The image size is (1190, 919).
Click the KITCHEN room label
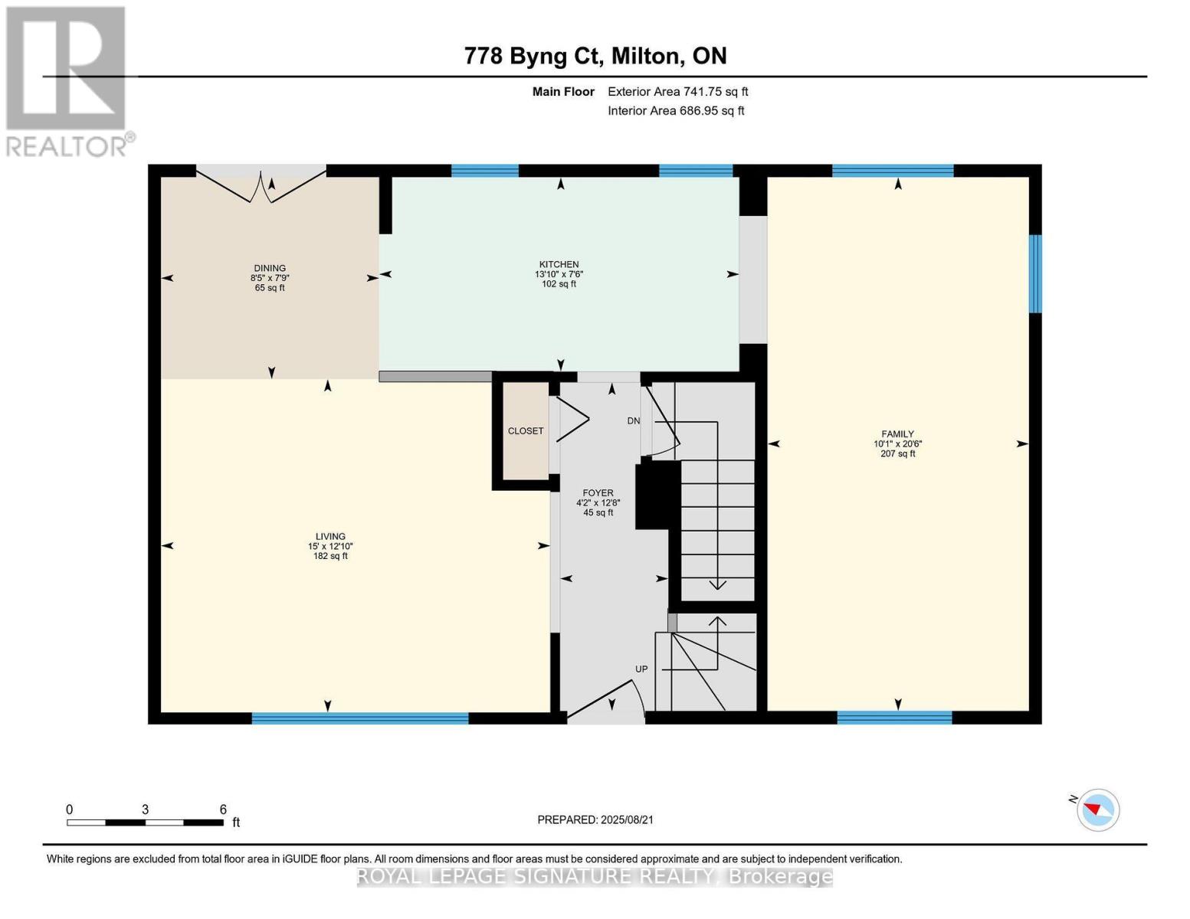coord(558,264)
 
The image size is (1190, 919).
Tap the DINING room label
coord(270,268)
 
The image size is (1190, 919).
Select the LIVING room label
coord(330,536)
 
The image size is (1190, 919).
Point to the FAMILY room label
coord(897,434)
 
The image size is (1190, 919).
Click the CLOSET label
coord(525,430)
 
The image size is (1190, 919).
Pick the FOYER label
coord(598,492)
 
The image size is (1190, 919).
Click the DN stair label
coord(633,421)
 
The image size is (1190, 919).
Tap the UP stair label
coord(641,669)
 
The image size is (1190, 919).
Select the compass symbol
coord(1097,809)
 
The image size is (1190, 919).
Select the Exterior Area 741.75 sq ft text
coord(678,91)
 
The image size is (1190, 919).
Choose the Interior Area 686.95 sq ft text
coord(676,110)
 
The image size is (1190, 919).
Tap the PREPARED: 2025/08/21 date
coord(595,819)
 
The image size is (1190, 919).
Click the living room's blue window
coord(360,718)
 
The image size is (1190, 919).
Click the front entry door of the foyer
coord(606,702)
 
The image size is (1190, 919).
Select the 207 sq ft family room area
coord(897,453)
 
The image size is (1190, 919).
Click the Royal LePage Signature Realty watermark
coord(595,876)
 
